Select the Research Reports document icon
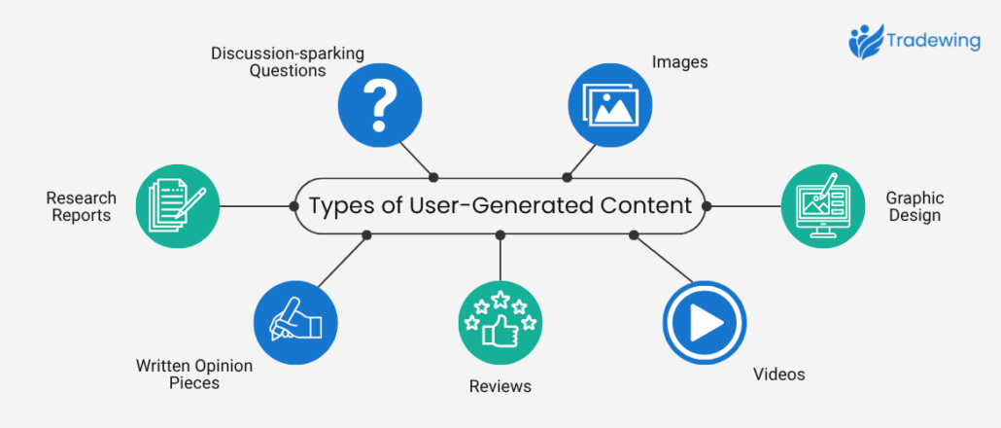coord(177,204)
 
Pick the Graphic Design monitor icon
coord(822,204)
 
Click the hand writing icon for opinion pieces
coord(294,322)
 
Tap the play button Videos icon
coord(705,322)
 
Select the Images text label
coord(679,62)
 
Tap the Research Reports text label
coord(81,206)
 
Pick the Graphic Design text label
coord(915,206)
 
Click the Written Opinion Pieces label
coord(193,374)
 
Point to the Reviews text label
coord(500,386)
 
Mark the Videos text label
coord(779,374)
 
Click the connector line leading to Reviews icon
coord(500,258)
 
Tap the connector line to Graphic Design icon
coord(744,205)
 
